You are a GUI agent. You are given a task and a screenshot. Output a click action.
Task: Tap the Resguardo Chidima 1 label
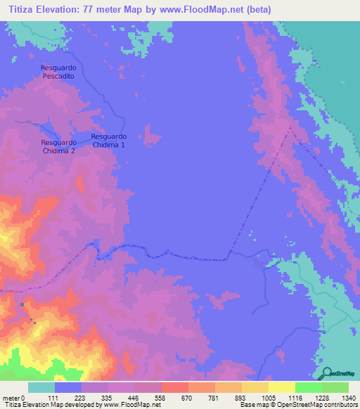[108, 141]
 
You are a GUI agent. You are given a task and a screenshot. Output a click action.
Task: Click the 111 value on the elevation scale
[53, 398]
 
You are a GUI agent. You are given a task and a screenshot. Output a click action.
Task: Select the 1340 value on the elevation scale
[348, 398]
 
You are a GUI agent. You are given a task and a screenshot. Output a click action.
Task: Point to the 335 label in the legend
[107, 398]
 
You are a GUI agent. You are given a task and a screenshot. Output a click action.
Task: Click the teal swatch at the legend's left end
[41, 387]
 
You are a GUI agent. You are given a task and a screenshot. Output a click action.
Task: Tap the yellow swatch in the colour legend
[282, 387]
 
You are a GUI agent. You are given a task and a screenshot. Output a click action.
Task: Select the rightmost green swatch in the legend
[335, 387]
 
